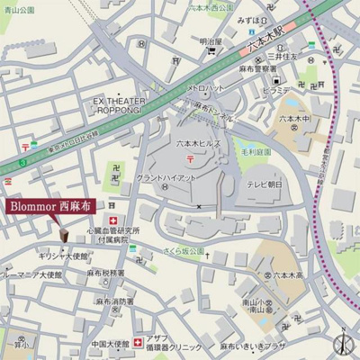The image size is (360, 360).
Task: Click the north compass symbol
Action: coord(341,342)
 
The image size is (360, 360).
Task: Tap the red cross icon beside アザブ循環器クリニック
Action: coord(137,342)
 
